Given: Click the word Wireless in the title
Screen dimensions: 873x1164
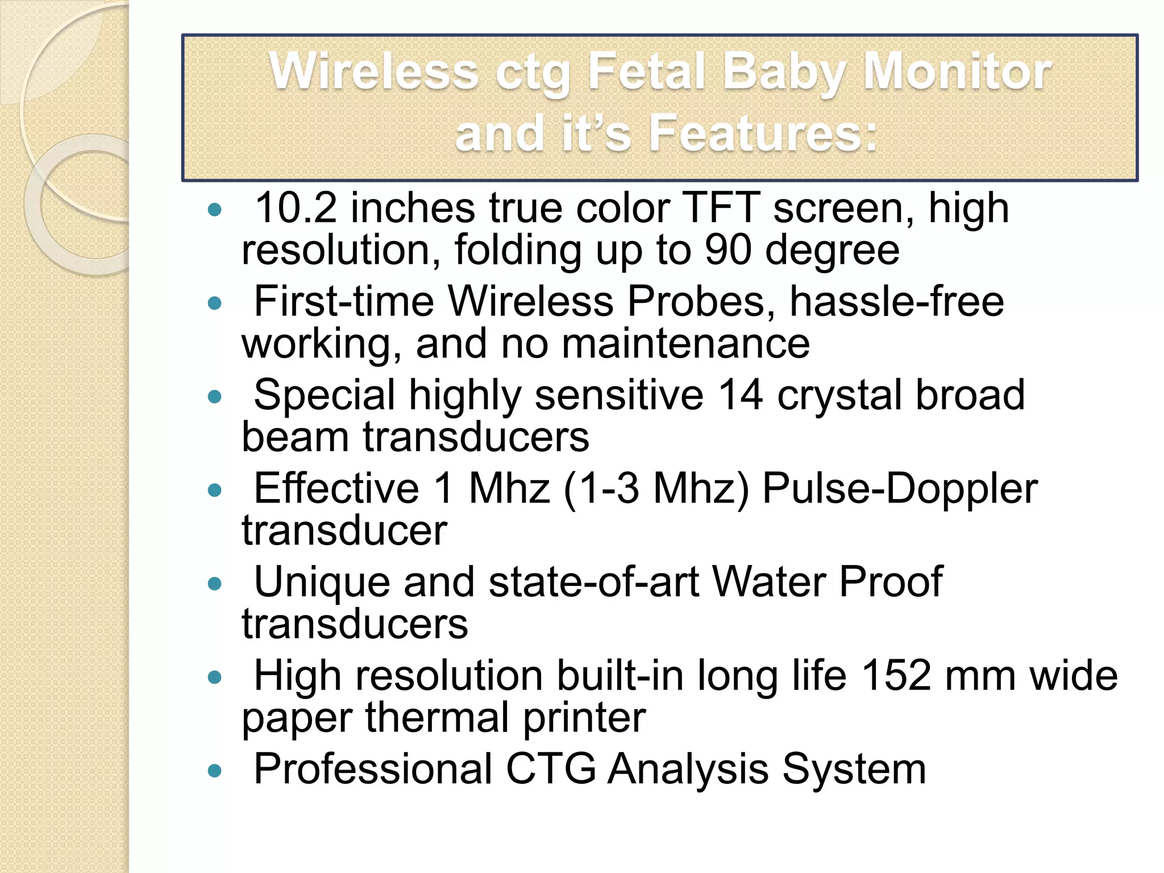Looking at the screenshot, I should coord(373,72).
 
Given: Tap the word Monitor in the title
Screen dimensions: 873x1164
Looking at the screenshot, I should coord(957,72).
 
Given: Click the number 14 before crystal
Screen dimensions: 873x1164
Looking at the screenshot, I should coord(740,395).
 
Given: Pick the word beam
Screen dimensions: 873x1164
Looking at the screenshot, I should coord(295,437).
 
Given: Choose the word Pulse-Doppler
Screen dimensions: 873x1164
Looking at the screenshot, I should coord(900,488).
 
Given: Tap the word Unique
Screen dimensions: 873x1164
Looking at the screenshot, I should coord(322,582).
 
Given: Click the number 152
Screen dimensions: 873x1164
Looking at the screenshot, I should coord(896,676).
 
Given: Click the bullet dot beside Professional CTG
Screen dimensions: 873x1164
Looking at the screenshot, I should coord(214,771).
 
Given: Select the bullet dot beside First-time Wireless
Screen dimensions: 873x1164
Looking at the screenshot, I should coord(214,304).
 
